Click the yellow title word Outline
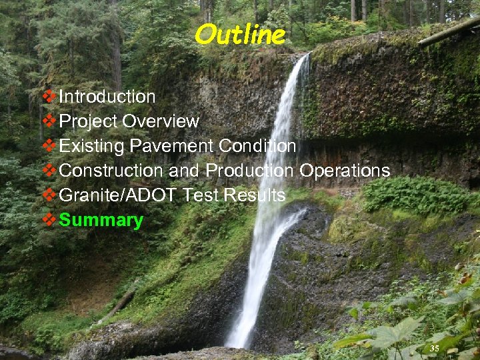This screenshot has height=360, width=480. [240, 34]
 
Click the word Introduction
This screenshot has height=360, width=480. [107, 97]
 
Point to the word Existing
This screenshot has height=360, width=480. [92, 146]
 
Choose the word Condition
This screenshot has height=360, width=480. [257, 146]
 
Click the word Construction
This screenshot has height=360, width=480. [112, 171]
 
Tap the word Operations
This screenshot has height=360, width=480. [345, 171]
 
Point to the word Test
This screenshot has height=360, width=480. [198, 195]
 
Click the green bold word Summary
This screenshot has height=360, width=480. [101, 221]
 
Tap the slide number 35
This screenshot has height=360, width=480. [435, 348]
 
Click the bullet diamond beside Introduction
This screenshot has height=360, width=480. [49, 97]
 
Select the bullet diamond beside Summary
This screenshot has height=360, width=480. [49, 220]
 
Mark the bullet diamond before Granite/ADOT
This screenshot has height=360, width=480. [49, 195]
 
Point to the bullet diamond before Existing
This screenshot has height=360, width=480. [49, 146]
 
